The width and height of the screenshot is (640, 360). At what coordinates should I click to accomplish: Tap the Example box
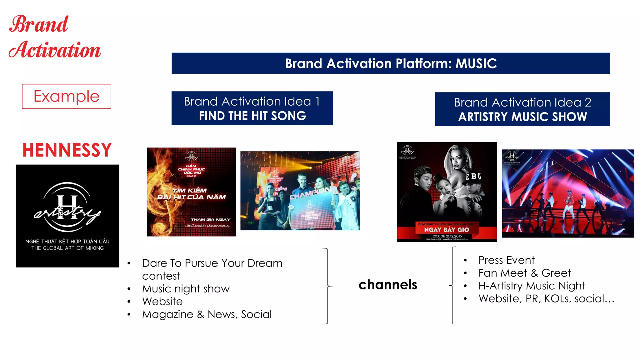67,96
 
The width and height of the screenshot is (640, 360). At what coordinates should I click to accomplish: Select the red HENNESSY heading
67,150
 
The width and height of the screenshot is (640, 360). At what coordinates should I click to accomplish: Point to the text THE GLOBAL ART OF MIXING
67,248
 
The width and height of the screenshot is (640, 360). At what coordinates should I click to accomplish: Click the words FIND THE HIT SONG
252,116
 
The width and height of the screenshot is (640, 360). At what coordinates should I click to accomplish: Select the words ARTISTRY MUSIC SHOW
522,117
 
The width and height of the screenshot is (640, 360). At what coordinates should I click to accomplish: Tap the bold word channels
388,285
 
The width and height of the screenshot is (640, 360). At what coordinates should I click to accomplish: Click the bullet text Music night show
186,289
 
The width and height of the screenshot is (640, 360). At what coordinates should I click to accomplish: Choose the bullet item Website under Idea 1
162,302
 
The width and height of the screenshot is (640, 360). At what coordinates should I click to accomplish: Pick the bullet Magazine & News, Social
207,314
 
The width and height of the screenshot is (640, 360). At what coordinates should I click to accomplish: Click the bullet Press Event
507,260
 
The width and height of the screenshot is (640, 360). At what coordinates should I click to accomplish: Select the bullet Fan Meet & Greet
525,273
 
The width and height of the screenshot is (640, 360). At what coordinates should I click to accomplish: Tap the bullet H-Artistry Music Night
532,286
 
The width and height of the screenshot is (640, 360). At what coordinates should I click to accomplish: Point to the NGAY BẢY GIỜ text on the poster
447,230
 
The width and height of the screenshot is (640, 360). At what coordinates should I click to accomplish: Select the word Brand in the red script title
39,24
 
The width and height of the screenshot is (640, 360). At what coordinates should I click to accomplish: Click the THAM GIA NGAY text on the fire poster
210,220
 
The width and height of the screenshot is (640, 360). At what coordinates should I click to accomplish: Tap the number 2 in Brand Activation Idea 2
588,102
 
